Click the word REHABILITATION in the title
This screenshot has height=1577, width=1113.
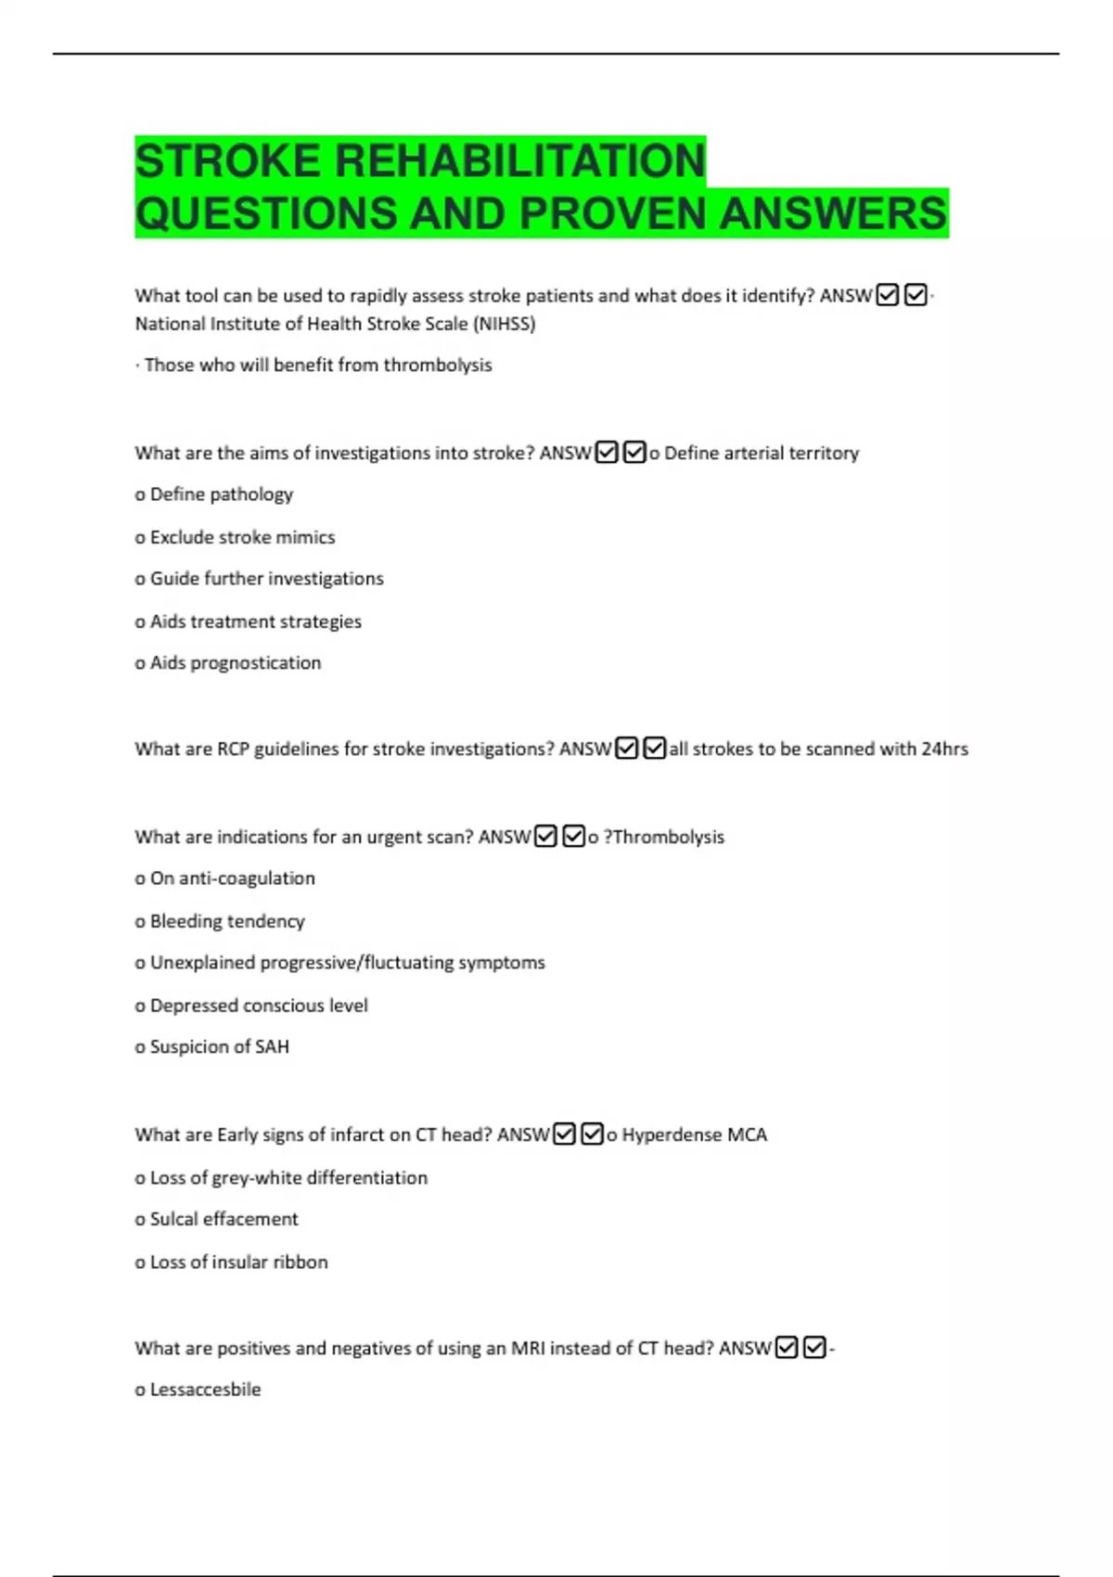tap(519, 160)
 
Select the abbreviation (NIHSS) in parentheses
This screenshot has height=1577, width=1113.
tap(504, 324)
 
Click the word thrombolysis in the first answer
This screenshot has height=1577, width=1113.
tap(438, 365)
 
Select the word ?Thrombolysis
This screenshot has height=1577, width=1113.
tap(664, 838)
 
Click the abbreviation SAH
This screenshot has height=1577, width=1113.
tap(272, 1047)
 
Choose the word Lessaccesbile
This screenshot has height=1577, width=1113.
tap(205, 1390)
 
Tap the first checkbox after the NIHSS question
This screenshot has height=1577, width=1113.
tap(888, 296)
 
